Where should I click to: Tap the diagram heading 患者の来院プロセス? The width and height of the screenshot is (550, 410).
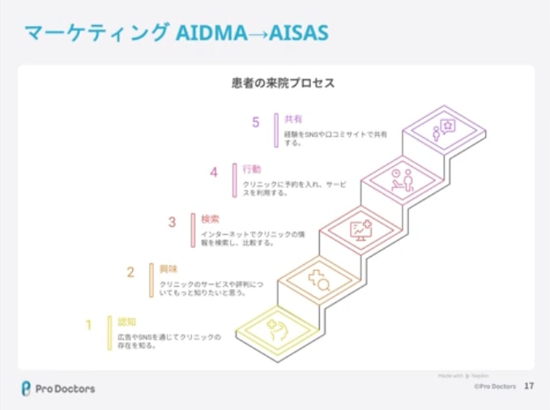pos(283,83)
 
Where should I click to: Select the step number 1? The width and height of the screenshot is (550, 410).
pos(89,326)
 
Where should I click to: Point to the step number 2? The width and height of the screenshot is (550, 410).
pos(130,272)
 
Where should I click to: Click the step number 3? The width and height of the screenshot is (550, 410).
pos(172,221)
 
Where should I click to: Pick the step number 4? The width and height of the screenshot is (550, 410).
pos(214,172)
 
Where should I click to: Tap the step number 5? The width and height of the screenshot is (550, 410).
pos(256,122)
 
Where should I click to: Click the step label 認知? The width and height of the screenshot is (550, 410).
pos(127,321)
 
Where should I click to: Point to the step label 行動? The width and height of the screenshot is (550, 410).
pos(252,169)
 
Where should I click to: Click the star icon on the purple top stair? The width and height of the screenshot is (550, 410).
pos(443,130)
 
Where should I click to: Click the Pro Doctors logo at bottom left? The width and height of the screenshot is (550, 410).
pos(58,388)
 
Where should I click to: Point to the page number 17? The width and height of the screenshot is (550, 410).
pos(529,387)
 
